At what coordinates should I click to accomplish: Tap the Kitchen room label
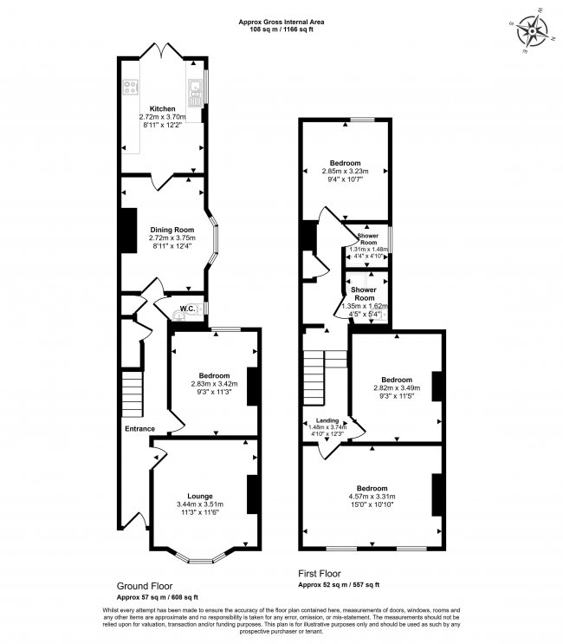tap(163, 109)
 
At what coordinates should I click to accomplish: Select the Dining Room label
tap(171, 230)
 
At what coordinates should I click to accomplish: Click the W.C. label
tap(186, 309)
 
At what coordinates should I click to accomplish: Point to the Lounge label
tap(201, 496)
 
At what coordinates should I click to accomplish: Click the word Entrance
tap(139, 428)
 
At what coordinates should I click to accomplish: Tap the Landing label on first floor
tap(327, 420)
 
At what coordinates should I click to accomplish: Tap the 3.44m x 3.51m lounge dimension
tap(201, 504)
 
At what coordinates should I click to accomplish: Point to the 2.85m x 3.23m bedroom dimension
tap(345, 172)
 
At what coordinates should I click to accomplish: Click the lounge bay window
tap(200, 560)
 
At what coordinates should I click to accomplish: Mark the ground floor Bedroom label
tap(212, 374)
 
